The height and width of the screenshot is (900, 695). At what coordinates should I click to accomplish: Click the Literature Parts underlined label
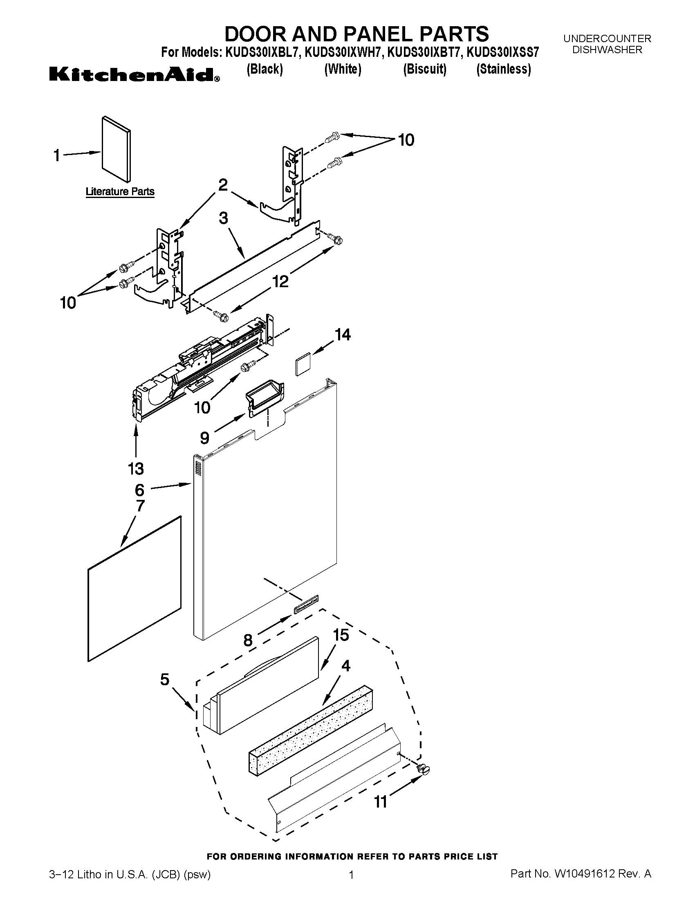click(x=120, y=191)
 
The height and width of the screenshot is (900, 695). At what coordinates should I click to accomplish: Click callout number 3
click(x=223, y=218)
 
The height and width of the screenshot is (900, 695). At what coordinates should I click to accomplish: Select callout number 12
click(x=280, y=281)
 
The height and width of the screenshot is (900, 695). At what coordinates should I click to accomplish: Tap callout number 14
click(x=343, y=335)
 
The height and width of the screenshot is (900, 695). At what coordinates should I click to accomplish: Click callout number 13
click(x=135, y=468)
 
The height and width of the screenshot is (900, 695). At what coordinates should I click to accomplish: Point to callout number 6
click(x=139, y=490)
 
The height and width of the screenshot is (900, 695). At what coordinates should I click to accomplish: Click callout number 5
click(x=165, y=679)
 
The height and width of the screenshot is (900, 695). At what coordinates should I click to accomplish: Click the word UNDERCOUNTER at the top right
click(x=607, y=39)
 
